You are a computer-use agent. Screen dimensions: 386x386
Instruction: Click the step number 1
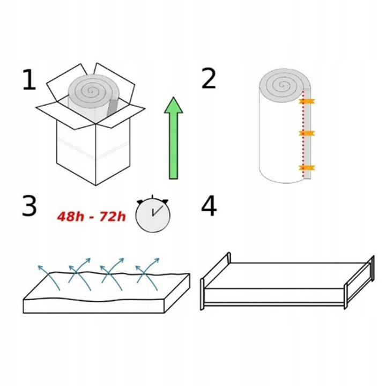tap(29, 80)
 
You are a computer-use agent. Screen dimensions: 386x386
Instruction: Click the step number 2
tap(208, 79)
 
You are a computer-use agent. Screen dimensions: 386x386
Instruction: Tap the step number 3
tap(29, 206)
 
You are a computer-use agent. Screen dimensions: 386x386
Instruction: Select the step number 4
tap(209, 206)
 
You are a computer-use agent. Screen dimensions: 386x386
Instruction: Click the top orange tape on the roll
tap(307, 101)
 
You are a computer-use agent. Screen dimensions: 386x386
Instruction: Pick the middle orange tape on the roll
tap(307, 133)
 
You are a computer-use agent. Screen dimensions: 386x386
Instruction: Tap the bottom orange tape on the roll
tap(307, 168)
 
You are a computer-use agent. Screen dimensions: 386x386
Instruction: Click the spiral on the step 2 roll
tap(281, 85)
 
